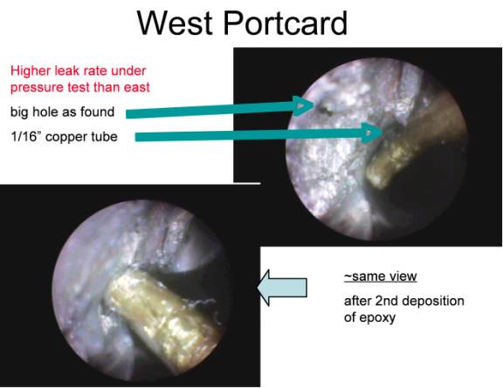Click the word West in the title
pyautogui.click(x=175, y=23)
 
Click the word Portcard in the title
pyautogui.click(x=286, y=23)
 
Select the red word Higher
pyautogui.click(x=30, y=71)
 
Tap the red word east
pyautogui.click(x=137, y=87)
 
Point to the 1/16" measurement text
pyautogui.click(x=25, y=137)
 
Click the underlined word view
pyautogui.click(x=400, y=276)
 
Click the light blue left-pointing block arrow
pyautogui.click(x=282, y=288)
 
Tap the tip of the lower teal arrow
pyautogui.click(x=382, y=131)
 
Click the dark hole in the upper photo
pyautogui.click(x=325, y=110)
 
